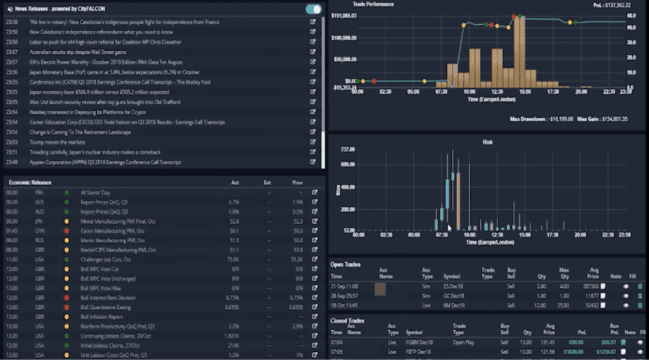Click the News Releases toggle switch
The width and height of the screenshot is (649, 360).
(313, 9)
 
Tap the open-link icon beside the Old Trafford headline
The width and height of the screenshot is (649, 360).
(312, 102)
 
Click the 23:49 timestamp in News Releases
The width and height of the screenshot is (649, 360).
(11, 162)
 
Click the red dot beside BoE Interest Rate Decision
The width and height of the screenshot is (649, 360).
(66, 297)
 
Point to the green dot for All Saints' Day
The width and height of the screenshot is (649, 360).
(66, 192)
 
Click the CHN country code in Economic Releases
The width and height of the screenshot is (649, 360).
(39, 231)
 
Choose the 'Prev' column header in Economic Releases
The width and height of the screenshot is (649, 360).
(298, 183)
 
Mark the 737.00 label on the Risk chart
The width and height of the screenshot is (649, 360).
(346, 150)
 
